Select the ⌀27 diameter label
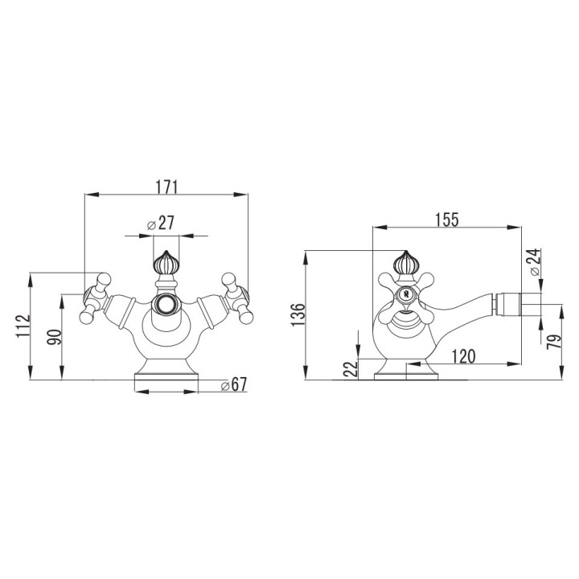coord(162,224)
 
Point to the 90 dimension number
coord(53,336)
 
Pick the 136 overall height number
coord(298,314)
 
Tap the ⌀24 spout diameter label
coord(536,263)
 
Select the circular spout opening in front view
coord(166,305)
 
